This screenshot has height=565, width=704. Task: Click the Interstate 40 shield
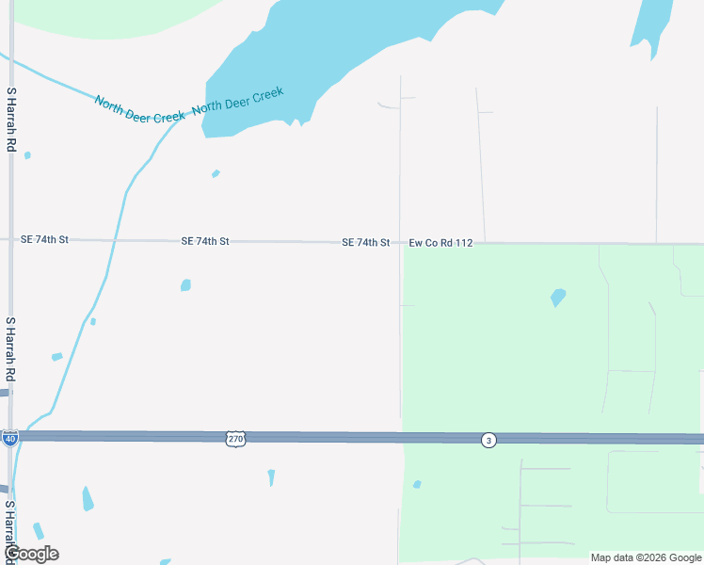9,438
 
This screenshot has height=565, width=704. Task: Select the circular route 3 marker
488,440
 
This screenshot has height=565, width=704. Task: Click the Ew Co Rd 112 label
440,243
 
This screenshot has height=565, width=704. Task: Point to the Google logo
31,554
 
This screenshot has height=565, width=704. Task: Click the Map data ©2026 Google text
647,557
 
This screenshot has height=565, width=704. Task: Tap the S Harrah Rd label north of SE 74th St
11,121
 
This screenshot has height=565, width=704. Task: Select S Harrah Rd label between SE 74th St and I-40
11,349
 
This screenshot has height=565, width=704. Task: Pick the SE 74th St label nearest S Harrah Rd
44,240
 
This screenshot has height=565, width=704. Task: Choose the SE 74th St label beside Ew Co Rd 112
365,243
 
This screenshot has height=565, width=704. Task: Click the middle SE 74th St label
205,242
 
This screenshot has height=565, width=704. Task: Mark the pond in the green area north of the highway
558,298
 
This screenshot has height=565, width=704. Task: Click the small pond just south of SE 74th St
185,284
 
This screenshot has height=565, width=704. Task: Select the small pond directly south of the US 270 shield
271,477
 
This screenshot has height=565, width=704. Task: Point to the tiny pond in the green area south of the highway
417,484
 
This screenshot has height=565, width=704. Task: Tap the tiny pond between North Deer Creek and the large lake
216,173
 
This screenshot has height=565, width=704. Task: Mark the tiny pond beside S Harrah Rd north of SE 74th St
27,155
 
